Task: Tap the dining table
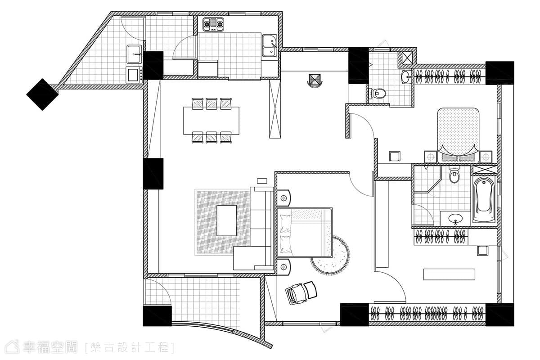click(211, 121)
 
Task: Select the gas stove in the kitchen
click(213, 24)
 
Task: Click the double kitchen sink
click(270, 45)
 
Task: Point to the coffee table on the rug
click(226, 220)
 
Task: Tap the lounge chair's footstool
click(310, 290)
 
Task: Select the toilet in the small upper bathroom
click(377, 93)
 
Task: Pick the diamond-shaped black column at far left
click(42, 94)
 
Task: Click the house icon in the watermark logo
click(12, 347)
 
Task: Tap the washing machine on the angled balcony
click(134, 75)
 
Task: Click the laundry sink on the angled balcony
click(134, 54)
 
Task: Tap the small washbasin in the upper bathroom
click(407, 76)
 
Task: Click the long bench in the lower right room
click(449, 274)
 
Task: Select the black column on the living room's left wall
click(153, 174)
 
